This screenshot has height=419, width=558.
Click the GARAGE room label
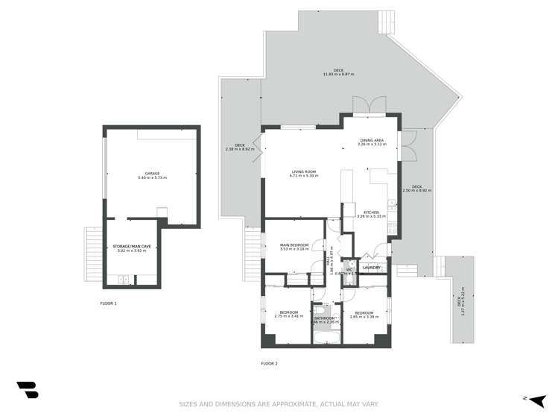point(152,173)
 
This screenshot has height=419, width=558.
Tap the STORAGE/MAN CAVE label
point(130,245)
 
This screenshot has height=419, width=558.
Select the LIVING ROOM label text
point(304,171)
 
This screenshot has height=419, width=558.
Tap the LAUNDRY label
point(371,268)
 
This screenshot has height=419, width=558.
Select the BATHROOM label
point(325,318)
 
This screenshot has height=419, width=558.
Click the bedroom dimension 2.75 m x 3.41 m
point(288,316)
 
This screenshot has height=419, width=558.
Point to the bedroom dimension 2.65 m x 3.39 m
point(364,317)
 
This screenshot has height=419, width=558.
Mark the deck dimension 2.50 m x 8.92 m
point(416,190)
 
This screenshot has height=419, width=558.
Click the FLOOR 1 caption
point(109,303)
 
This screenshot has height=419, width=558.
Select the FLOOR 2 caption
point(269,363)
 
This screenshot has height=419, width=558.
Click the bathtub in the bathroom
point(326,338)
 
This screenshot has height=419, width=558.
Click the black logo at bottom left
point(27,390)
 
